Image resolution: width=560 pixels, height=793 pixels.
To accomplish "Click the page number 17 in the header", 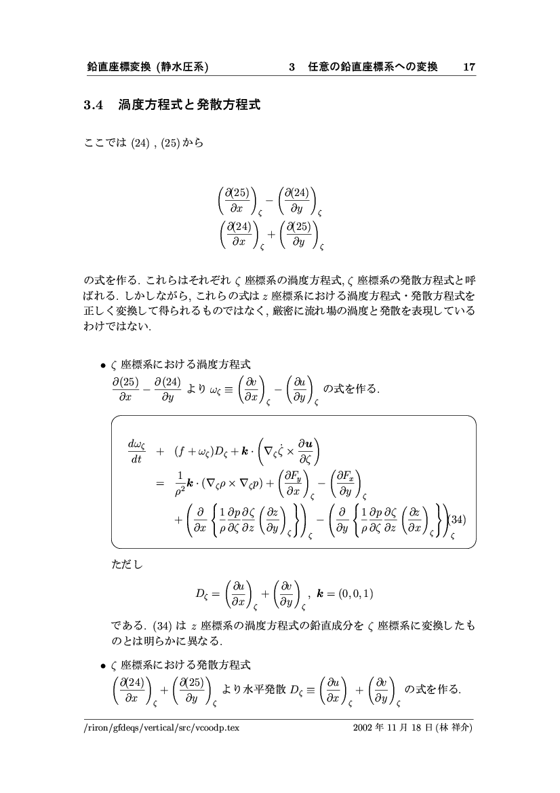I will click(469, 67).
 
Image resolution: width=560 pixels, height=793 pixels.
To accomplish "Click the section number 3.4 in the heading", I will click(92, 105).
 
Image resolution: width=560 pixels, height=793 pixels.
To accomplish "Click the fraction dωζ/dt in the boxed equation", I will click(136, 450).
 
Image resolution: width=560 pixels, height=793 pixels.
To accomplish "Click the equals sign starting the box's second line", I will click(160, 483).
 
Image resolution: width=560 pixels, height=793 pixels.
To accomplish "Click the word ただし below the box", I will click(127, 562).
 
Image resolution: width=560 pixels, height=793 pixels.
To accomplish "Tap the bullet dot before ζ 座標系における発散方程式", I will click(103, 663).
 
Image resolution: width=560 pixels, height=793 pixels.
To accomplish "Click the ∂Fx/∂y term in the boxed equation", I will click(346, 482).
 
